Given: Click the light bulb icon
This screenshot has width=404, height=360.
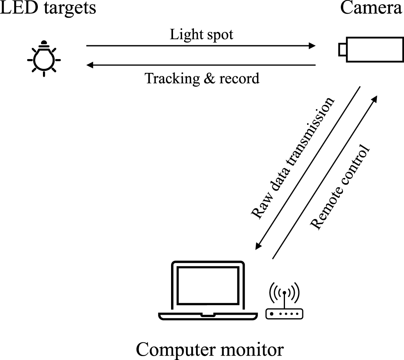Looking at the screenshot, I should (x=44, y=58).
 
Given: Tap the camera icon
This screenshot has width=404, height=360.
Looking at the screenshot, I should (x=371, y=49).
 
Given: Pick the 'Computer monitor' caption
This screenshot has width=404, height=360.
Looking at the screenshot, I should (x=209, y=349).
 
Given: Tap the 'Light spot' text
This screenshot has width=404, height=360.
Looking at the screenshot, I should (x=201, y=35).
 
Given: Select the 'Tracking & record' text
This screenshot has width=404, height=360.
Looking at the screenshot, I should (x=202, y=78).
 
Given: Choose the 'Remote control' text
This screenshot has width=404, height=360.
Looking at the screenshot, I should (x=341, y=188).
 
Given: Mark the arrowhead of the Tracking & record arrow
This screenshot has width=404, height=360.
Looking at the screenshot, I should (x=89, y=65).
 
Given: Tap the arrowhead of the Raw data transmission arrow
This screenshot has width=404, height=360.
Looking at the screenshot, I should (x=258, y=246).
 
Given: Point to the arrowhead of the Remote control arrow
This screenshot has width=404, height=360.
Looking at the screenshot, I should (x=375, y=98).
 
